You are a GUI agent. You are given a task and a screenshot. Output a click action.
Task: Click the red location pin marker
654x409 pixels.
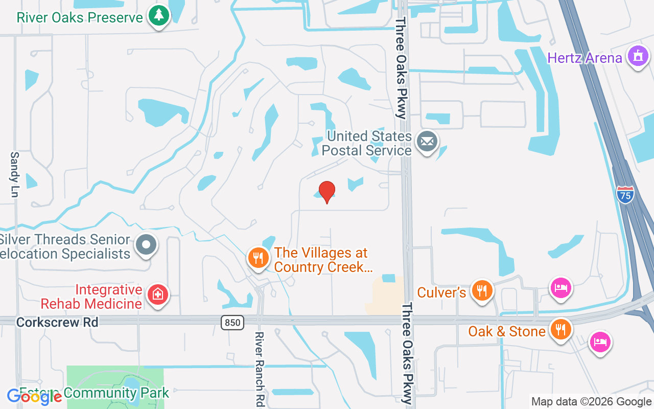pos(326,192)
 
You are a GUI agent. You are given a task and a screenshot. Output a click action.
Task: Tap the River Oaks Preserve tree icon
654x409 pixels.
pos(159,16)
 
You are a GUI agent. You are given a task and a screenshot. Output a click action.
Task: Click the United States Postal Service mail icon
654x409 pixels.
pos(427,142)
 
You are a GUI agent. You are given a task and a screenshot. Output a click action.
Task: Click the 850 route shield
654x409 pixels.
pos(232,323)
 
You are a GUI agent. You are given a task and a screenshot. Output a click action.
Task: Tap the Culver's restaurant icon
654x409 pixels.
pos(482,291)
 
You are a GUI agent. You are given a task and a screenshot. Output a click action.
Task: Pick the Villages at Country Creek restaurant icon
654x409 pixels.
pos(259,258)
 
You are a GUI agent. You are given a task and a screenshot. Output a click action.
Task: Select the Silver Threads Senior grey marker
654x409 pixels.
pos(146,245)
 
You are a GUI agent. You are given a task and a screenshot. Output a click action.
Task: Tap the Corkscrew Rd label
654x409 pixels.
pos(57,323)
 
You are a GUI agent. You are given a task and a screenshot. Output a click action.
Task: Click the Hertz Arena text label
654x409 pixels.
pos(585,58)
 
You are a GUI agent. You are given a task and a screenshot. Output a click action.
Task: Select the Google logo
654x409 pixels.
pos(34,397)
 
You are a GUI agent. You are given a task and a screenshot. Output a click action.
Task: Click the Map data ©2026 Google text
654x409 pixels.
pos(591,402)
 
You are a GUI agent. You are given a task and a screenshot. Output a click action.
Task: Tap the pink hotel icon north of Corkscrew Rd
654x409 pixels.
pos(560,288)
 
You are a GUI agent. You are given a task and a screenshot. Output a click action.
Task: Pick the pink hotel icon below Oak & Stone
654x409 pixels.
pos(600,342)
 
